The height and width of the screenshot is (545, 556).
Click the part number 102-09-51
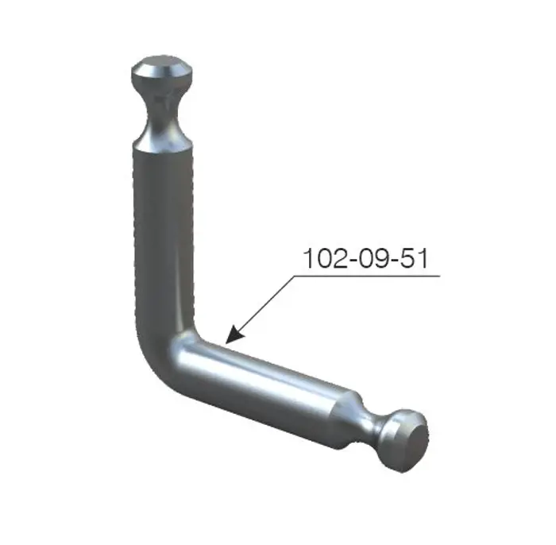366,258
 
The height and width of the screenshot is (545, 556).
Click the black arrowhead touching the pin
234,334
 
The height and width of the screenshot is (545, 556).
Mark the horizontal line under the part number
367,276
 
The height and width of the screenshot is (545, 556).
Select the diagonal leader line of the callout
260,310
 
